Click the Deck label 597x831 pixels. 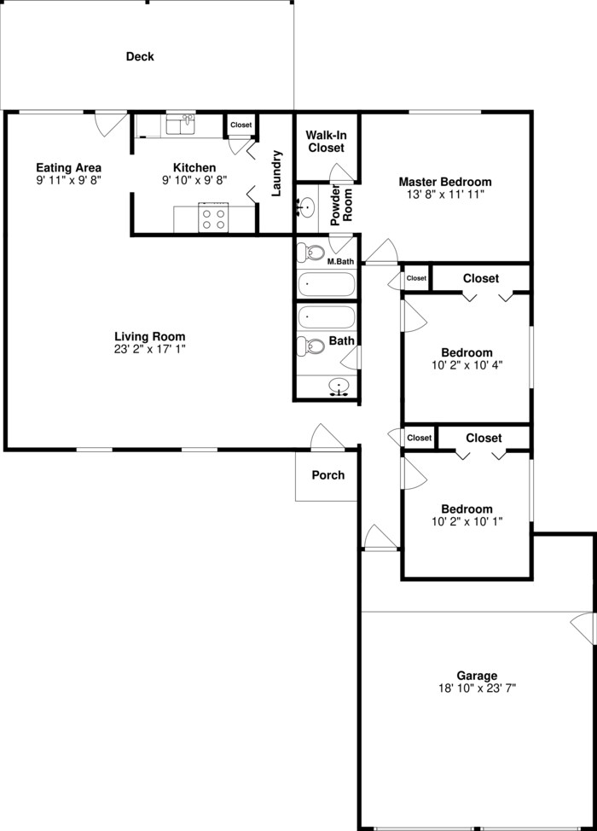tap(140, 57)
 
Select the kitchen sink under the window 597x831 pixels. tap(181, 125)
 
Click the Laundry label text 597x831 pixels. tap(276, 173)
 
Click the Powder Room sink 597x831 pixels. tap(305, 206)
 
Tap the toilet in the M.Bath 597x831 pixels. tap(311, 253)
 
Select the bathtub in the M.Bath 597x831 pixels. tap(326, 284)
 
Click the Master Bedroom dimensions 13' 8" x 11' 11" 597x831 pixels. tap(445, 195)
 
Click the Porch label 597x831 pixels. tap(328, 474)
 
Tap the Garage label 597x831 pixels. tap(477, 675)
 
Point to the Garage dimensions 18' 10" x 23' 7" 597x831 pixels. tap(477, 687)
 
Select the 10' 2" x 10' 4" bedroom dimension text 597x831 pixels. tap(467, 365)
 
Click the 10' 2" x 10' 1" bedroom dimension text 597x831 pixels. tap(467, 521)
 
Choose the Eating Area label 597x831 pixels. tap(69, 167)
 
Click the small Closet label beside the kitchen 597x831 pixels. tap(241, 125)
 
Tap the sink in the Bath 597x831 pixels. tap(340, 387)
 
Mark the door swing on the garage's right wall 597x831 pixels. tap(583, 629)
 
